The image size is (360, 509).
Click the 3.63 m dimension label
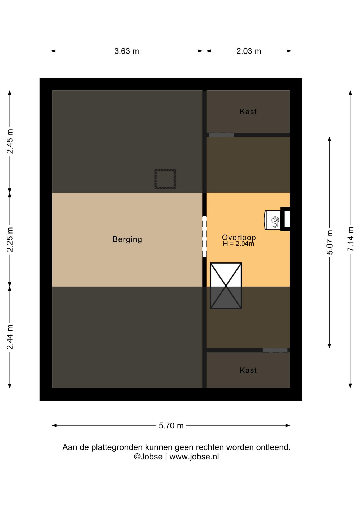click(x=126, y=51)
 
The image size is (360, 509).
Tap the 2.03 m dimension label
click(x=249, y=51)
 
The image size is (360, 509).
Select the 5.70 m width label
click(x=171, y=425)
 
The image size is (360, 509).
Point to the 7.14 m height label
click(x=350, y=239)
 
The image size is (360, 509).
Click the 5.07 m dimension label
click(x=330, y=242)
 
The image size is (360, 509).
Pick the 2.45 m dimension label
click(x=10, y=142)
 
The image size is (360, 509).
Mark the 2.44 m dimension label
click(x=10, y=337)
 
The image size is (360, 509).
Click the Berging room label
click(x=127, y=239)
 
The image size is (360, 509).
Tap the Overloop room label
click(x=239, y=237)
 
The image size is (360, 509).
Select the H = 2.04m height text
click(x=239, y=244)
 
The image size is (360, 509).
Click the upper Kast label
click(x=248, y=112)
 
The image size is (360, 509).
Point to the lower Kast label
click(x=248, y=370)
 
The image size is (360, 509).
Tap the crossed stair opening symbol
click(x=226, y=286)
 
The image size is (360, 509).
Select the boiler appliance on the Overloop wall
click(x=273, y=220)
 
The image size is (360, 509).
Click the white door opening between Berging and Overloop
click(x=204, y=236)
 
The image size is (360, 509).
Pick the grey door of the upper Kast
click(x=221, y=135)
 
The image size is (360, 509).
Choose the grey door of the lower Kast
click(x=275, y=350)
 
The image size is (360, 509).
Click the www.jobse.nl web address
click(x=194, y=457)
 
